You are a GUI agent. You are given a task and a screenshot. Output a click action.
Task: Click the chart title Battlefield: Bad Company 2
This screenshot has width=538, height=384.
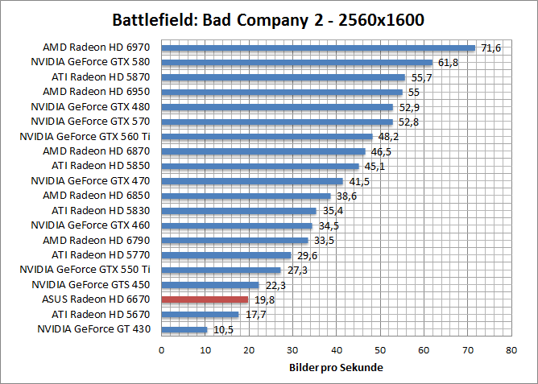tap(268, 19)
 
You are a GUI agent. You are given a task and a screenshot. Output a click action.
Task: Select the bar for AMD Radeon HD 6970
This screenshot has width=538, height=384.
tap(318, 47)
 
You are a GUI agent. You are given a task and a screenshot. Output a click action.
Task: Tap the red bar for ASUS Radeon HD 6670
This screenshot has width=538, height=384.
tap(205, 299)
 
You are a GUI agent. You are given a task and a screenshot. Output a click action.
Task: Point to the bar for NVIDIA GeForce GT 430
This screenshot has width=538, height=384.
tap(184, 329)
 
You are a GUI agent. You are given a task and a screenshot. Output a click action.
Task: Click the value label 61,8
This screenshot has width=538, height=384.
tap(447, 62)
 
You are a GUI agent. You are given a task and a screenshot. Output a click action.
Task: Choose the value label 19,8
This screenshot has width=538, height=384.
tap(263, 299)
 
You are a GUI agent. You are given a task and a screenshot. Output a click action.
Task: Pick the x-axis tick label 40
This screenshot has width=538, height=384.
tap(336, 350)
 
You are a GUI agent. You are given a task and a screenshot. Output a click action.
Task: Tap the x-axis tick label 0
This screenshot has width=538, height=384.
tap(162, 350)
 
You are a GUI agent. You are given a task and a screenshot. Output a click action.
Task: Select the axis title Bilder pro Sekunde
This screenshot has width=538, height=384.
tap(336, 368)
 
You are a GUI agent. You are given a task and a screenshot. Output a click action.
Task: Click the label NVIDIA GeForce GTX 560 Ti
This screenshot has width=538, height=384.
tap(85, 136)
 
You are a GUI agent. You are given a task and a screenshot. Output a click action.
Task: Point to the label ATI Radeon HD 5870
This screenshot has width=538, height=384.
tap(100, 77)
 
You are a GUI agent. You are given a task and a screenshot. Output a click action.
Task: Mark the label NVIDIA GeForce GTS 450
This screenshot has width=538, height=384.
tap(90, 284)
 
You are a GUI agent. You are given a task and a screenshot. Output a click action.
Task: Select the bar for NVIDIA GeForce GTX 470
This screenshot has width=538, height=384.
tap(252, 181)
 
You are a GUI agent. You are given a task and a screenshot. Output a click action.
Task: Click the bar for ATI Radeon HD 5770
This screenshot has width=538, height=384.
tap(226, 255)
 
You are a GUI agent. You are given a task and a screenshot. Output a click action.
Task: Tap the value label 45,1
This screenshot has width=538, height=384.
tap(374, 167)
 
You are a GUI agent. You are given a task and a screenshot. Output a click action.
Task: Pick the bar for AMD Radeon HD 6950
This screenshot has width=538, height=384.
tap(282, 92)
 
